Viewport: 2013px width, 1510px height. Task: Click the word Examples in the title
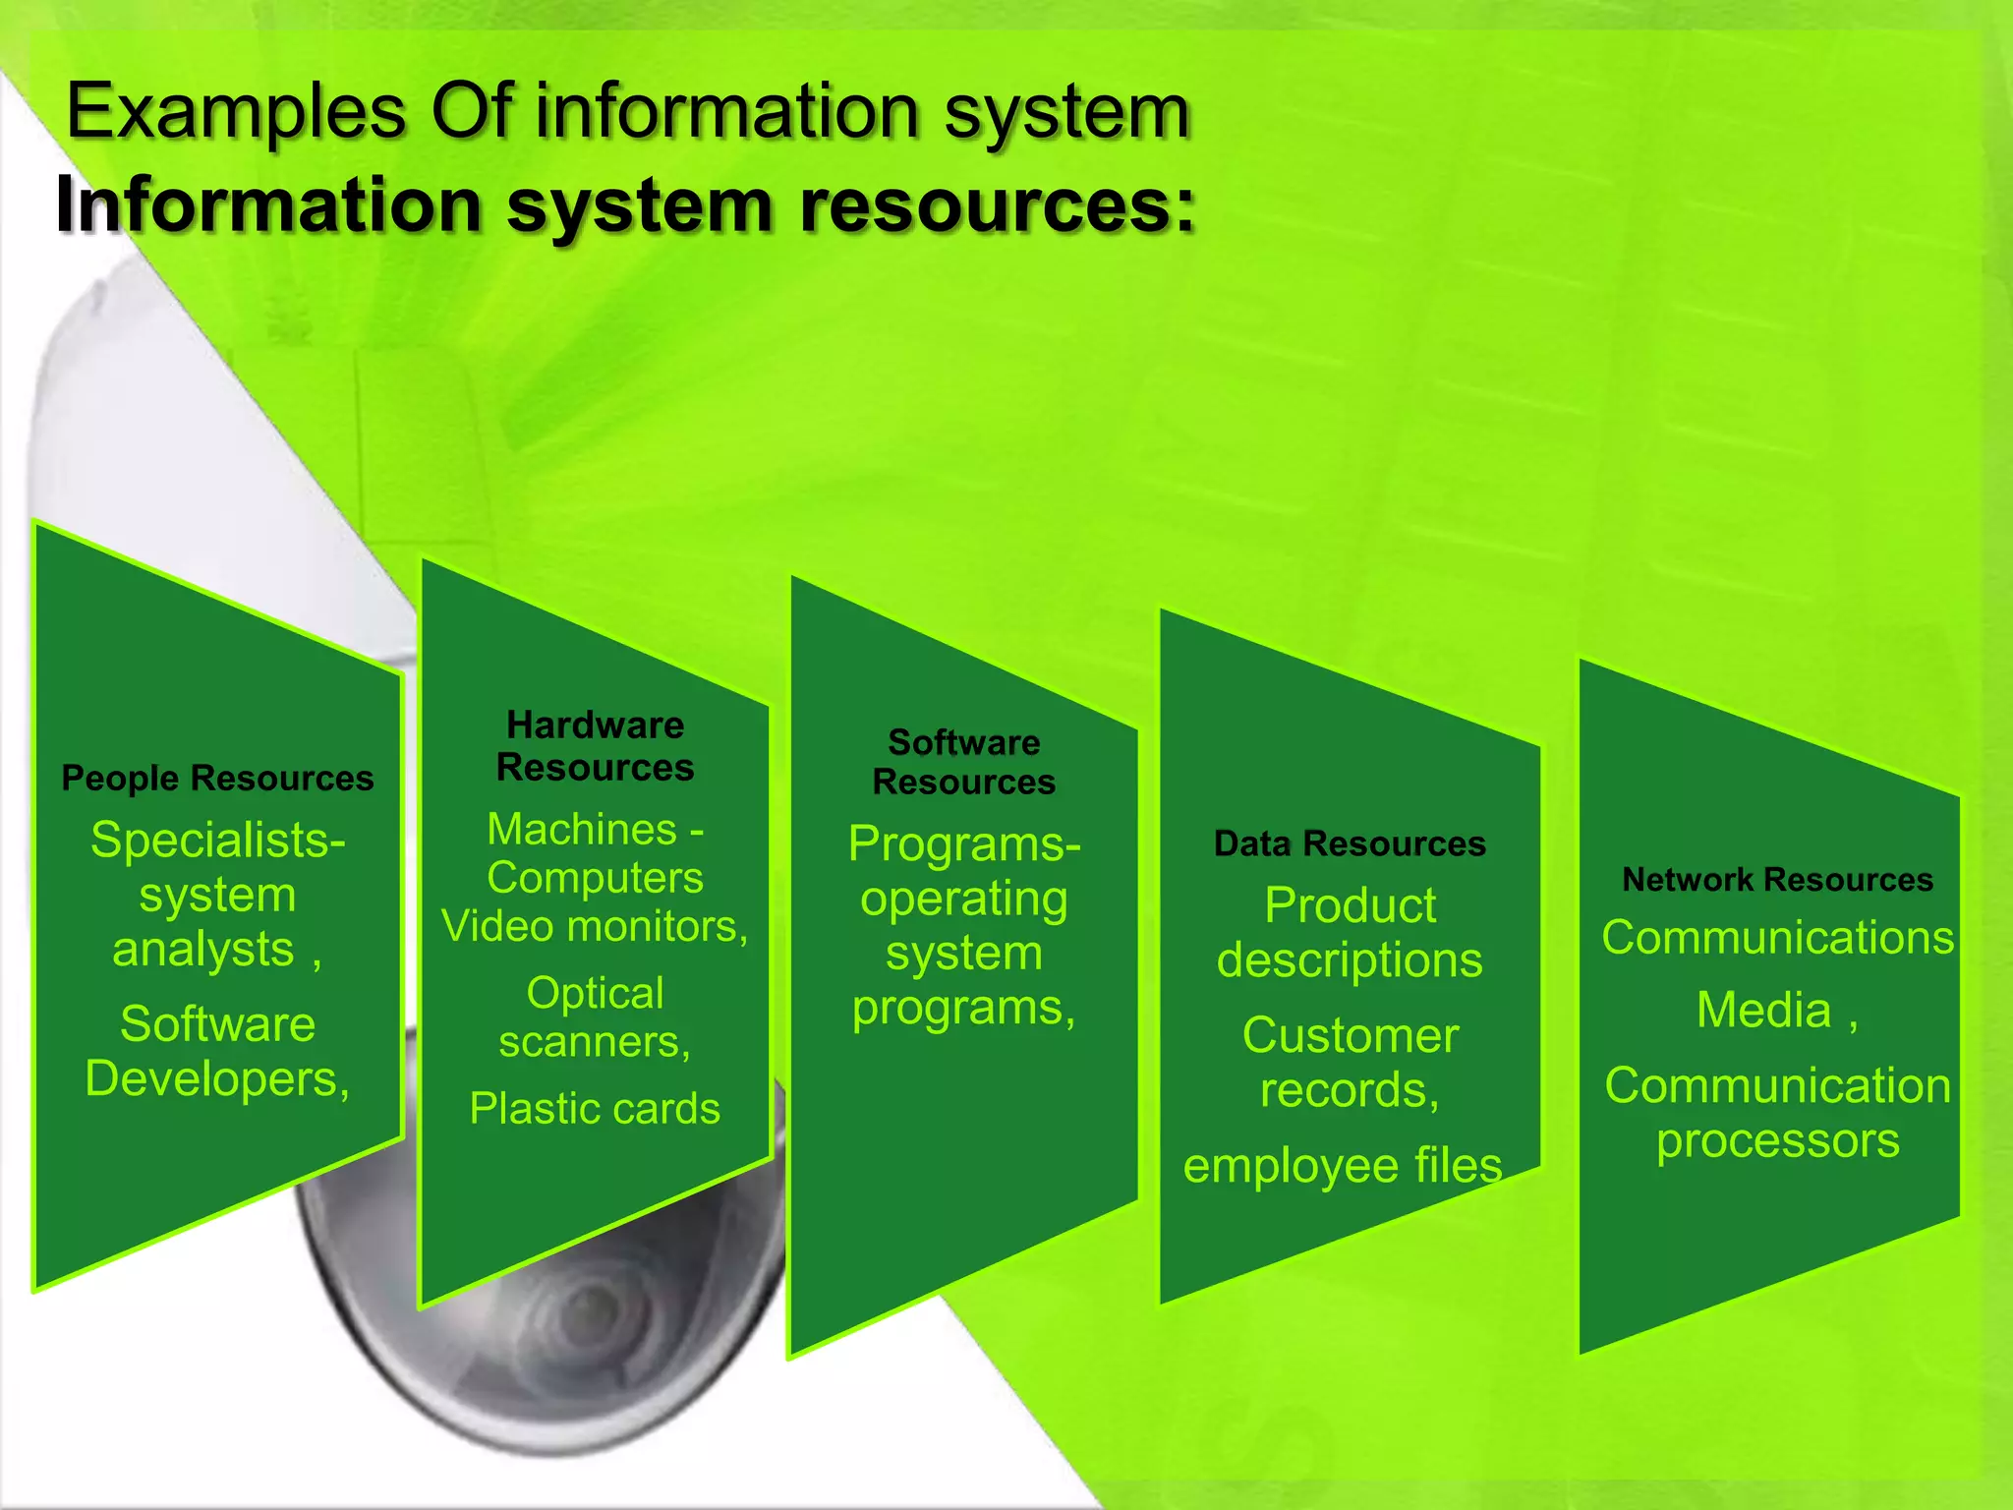(236, 111)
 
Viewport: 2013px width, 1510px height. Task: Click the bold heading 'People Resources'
(217, 778)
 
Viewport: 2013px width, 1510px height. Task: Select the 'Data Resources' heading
(1350, 843)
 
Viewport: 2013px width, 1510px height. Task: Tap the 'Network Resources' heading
(1777, 879)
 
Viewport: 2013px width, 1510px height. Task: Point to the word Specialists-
(217, 841)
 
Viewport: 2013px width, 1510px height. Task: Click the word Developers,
(217, 1079)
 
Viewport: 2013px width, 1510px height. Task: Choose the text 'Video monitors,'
(595, 926)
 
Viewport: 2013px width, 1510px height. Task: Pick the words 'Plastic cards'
(595, 1109)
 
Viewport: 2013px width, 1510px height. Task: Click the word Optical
(595, 993)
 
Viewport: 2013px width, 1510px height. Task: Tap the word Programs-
(964, 844)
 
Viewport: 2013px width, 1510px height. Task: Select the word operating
(964, 900)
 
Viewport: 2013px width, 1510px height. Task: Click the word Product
(1350, 905)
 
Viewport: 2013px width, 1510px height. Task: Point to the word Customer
(1350, 1035)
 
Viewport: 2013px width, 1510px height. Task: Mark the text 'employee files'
(1343, 1166)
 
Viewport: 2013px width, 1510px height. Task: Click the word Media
(1764, 1011)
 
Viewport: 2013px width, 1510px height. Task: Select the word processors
(1777, 1140)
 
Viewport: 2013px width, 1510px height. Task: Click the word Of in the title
(472, 111)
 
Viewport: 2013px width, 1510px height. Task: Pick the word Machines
(582, 830)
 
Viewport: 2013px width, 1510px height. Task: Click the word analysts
(203, 950)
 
